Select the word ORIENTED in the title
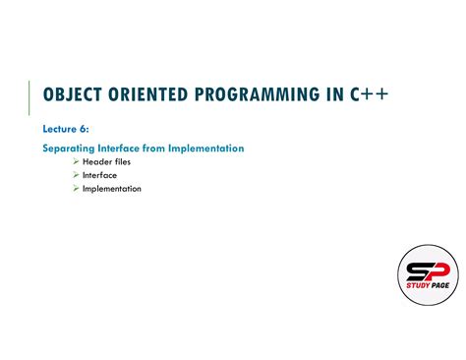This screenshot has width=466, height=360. (150, 94)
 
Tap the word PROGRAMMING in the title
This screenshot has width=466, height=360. (255, 94)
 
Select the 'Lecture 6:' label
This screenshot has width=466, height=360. (66, 129)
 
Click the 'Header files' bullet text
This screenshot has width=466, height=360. (107, 161)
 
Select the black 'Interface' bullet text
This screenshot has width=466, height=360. (100, 175)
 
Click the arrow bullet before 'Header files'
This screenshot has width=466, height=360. (76, 161)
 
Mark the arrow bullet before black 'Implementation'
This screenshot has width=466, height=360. (76, 189)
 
